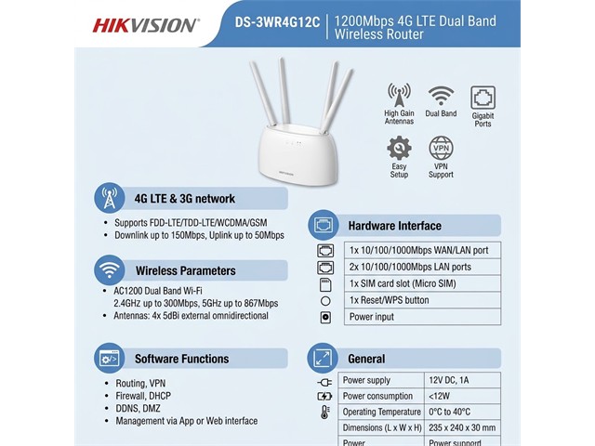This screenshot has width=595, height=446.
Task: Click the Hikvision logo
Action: (145, 25)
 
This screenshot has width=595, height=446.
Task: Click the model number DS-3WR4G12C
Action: (277, 22)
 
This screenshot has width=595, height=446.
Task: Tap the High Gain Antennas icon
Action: (399, 95)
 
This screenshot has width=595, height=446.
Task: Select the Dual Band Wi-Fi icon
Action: (441, 96)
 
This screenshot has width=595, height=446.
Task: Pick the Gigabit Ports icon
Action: (483, 98)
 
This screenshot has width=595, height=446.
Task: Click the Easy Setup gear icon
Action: (399, 148)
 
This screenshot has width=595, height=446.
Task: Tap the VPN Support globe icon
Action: (441, 148)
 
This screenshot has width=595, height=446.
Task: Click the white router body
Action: (297, 154)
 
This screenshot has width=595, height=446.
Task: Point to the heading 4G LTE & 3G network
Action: (184, 199)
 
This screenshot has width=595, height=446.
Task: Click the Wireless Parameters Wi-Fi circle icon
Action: (110, 270)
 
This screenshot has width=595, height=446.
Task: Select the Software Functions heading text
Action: (182, 359)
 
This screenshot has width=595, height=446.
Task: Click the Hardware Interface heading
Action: (394, 226)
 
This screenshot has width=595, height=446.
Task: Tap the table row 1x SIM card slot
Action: (422, 283)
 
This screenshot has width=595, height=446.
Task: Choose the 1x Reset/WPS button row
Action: (422, 300)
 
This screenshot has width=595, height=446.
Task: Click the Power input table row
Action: (422, 317)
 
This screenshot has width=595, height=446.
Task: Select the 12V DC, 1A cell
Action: (462, 380)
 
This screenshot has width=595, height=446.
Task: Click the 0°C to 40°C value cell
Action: (462, 412)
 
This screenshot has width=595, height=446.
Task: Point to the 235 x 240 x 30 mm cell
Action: (462, 427)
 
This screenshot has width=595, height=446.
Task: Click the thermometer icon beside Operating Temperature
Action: (324, 413)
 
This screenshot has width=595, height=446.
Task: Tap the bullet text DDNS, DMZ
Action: (138, 409)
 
